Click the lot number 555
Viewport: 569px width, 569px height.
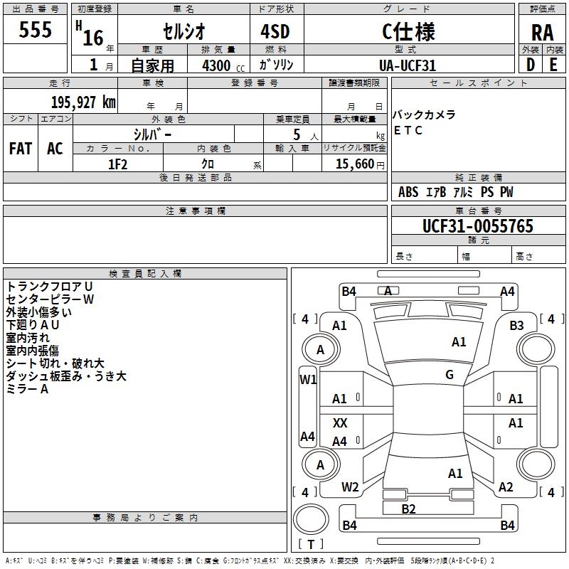pyautogui.click(x=35, y=29)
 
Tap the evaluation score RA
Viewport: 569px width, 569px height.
pyautogui.click(x=542, y=33)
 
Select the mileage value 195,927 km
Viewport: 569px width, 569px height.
pyautogui.click(x=83, y=102)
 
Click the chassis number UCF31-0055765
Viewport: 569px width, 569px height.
pyautogui.click(x=478, y=225)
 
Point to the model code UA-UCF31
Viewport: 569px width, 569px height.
pyautogui.click(x=407, y=65)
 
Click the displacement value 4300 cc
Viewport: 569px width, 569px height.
pyautogui.click(x=223, y=65)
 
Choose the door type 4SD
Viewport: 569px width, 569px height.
pyautogui.click(x=275, y=31)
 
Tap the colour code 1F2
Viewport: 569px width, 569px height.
pyautogui.click(x=117, y=164)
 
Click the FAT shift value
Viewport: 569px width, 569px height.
pyautogui.click(x=21, y=149)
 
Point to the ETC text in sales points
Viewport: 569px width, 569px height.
pyautogui.click(x=408, y=130)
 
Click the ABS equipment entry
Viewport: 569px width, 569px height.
pyautogui.click(x=408, y=192)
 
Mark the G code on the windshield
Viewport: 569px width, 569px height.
pyautogui.click(x=450, y=375)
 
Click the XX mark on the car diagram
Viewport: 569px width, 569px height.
pyautogui.click(x=340, y=422)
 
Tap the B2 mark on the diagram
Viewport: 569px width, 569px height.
pyautogui.click(x=408, y=509)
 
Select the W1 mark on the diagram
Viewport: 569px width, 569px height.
pyautogui.click(x=308, y=380)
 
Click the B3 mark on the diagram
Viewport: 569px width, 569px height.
pyautogui.click(x=516, y=326)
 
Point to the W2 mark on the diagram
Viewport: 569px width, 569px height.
pyautogui.click(x=350, y=487)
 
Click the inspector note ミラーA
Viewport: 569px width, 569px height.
pyautogui.click(x=27, y=389)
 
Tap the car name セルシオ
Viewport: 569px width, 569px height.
pyautogui.click(x=184, y=31)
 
